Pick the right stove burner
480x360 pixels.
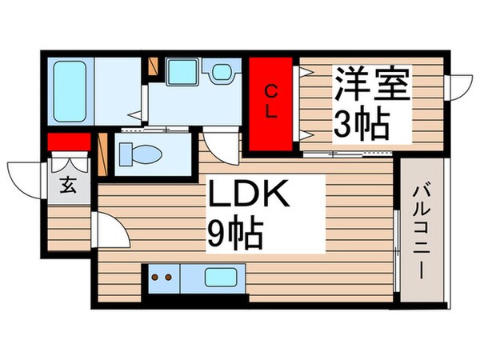click(x=170, y=278)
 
